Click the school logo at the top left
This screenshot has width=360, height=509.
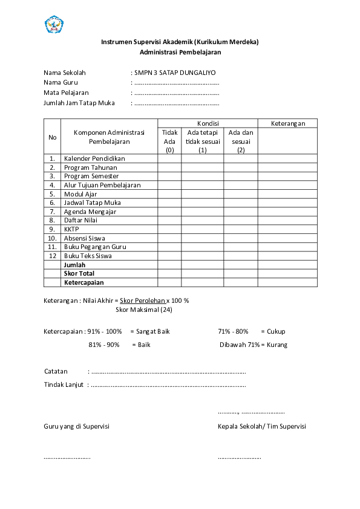[x=54, y=25]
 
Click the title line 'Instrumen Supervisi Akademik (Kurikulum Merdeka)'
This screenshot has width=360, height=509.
[x=180, y=42]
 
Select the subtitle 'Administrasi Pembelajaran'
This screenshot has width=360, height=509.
[x=180, y=52]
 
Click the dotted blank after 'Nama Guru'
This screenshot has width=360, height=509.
[x=176, y=83]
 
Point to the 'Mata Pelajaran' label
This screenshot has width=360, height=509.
[x=66, y=92]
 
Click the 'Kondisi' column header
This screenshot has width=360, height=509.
[x=208, y=123]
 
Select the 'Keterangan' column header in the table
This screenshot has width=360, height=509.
[x=288, y=123]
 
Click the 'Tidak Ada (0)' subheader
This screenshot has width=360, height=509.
[x=169, y=141]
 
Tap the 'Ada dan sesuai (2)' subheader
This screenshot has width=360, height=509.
[x=241, y=141]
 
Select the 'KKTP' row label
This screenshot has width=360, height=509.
[x=71, y=229]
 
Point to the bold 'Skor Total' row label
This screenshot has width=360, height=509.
[x=79, y=273]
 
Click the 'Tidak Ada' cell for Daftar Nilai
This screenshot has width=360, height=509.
[x=169, y=221]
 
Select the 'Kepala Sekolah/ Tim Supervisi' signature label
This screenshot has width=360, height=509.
[x=261, y=426]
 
